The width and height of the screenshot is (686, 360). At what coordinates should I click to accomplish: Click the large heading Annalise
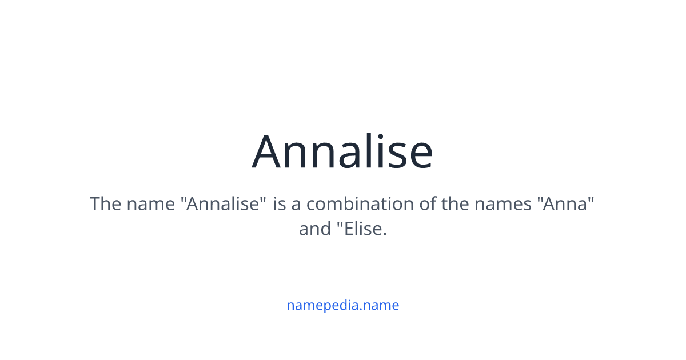342,151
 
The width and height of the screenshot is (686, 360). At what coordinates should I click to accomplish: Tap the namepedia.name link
342,305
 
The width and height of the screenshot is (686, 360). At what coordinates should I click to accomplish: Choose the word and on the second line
314,229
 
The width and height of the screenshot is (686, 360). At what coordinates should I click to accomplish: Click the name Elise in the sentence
362,229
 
